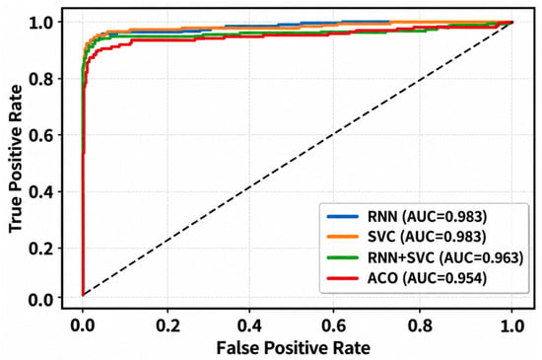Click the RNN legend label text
[428, 217]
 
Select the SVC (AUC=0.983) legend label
[427, 237]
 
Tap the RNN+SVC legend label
[445, 257]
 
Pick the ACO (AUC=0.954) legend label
[428, 278]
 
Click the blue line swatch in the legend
[343, 217]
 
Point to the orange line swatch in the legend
[343, 237]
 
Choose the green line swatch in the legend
[343, 257]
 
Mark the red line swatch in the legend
[343, 278]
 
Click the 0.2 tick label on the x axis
[168, 325]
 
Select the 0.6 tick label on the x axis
[333, 325]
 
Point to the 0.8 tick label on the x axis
[420, 325]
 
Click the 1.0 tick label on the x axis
[512, 325]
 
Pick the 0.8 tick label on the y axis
[40, 79]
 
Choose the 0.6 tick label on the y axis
[40, 135]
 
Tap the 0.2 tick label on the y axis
[40, 249]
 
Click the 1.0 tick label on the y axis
[40, 23]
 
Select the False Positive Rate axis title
[293, 347]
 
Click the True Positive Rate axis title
[16, 159]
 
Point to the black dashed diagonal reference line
[298, 159]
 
